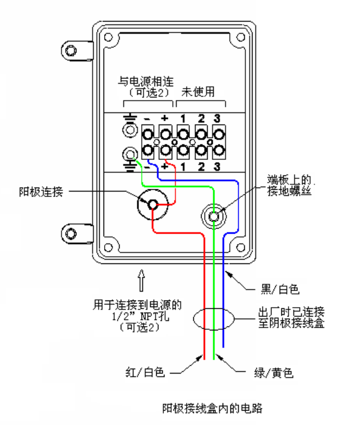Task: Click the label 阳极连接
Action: [x=40, y=193]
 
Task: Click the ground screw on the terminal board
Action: [x=215, y=216]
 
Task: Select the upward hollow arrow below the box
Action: [x=141, y=279]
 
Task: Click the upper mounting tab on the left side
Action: [x=73, y=51]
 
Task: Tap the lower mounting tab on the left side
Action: [x=73, y=235]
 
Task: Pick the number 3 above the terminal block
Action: [x=217, y=118]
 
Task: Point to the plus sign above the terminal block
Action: [x=164, y=118]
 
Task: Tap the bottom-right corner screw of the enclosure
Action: [x=239, y=246]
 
